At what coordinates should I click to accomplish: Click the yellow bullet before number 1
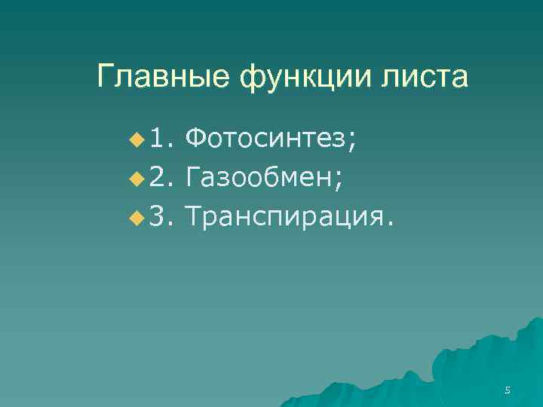click(x=136, y=139)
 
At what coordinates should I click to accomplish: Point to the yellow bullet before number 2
click(x=136, y=179)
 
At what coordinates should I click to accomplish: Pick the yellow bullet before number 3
click(x=136, y=219)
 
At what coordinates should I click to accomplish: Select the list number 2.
click(x=161, y=178)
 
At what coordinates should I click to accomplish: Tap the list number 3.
click(x=161, y=218)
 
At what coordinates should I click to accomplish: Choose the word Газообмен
click(x=260, y=178)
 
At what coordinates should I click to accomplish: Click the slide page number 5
click(x=508, y=390)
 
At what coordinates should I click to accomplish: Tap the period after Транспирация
click(x=389, y=225)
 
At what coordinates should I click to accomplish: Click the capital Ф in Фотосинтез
click(x=194, y=138)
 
